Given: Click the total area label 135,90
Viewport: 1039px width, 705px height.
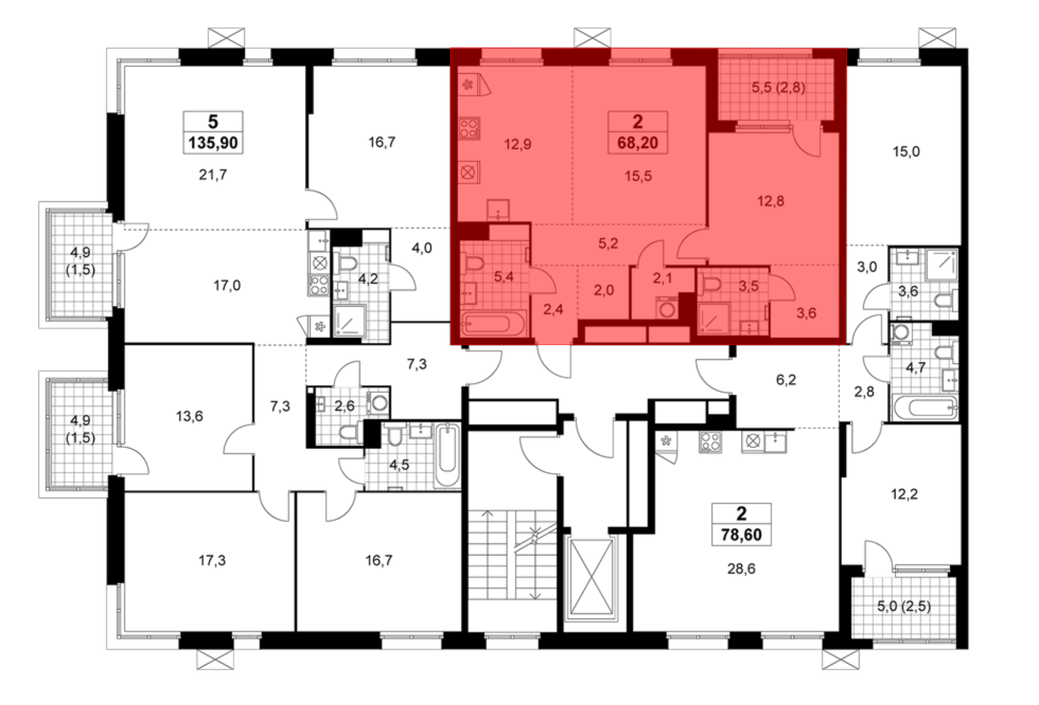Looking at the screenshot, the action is pos(213,143).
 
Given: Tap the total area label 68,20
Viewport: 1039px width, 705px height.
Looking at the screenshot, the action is pos(637,143).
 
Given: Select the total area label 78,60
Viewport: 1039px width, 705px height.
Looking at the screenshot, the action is pos(741,535).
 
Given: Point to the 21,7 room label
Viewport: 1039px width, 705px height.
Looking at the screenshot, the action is pos(213,175).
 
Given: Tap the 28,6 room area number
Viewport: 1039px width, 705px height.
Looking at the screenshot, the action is pos(741,569).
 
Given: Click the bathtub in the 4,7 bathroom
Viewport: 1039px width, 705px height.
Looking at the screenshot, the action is pos(925,408).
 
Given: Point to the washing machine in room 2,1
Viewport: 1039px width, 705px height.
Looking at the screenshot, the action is pos(667,308).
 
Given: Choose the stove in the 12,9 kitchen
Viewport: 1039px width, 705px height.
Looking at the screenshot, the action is pos(469,129).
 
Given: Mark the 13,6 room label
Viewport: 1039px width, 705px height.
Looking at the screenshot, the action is pos(190,416).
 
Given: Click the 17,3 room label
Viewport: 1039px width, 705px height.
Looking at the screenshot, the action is pos(212,561).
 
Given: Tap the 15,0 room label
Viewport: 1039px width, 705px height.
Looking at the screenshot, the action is pos(906,152).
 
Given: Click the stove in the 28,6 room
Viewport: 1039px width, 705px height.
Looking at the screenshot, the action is pos(710,442).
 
